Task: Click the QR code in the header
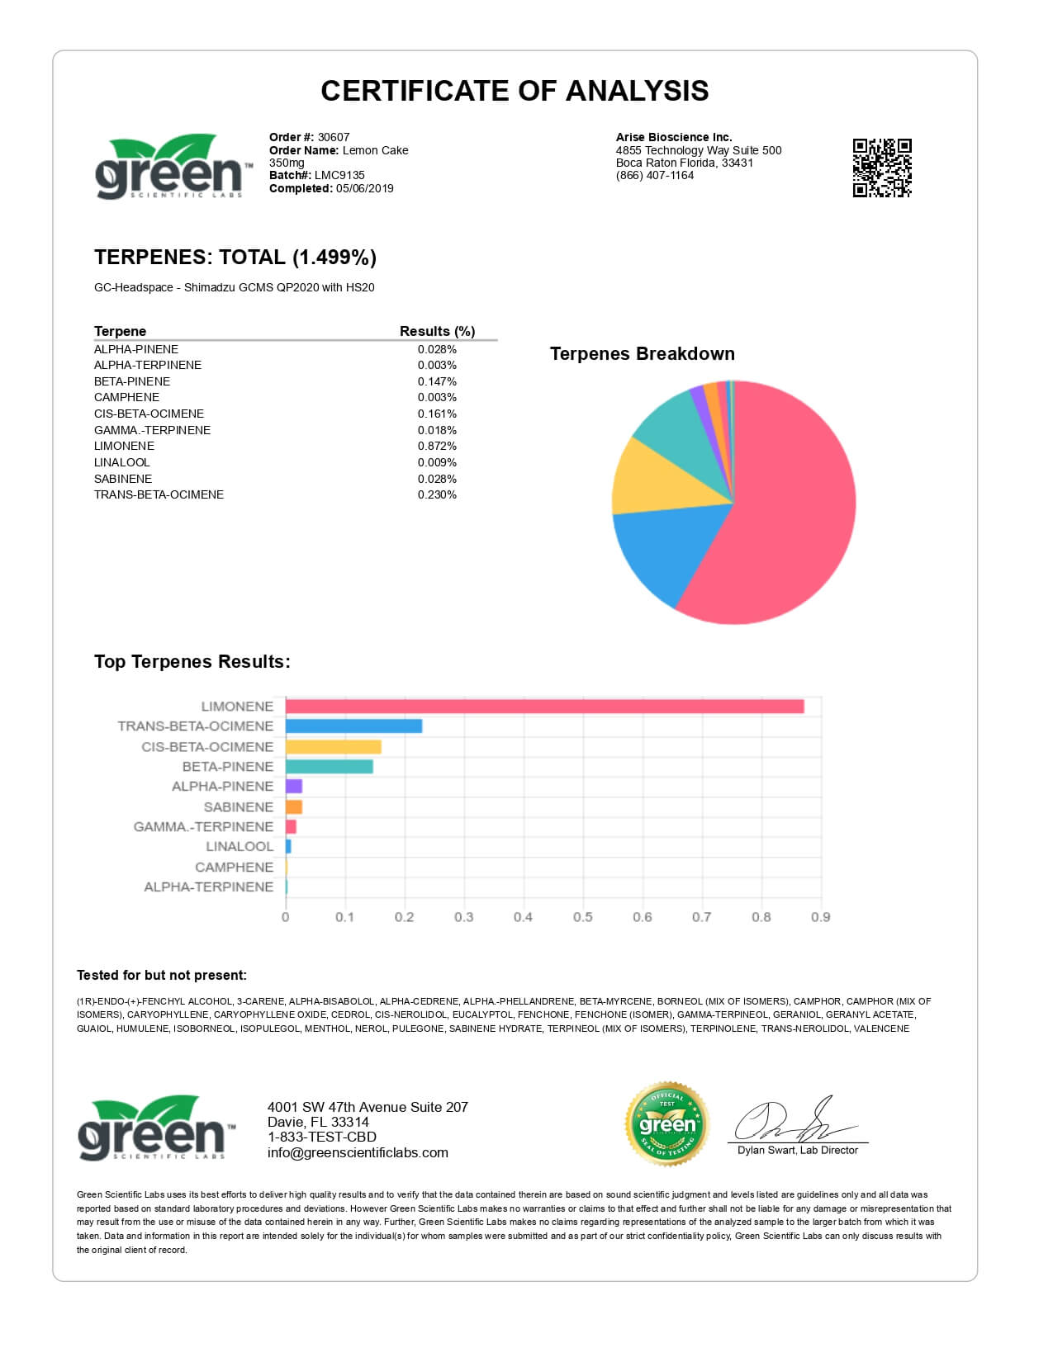[x=882, y=168]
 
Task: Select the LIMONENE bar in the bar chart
[x=544, y=707]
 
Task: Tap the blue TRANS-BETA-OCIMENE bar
[x=353, y=726]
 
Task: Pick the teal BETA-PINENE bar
[x=329, y=767]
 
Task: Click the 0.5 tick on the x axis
[x=582, y=917]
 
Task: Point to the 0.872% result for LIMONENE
[x=437, y=446]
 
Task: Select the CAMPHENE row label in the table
[x=126, y=397]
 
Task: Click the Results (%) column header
[x=437, y=331]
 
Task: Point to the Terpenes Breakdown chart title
[x=642, y=354]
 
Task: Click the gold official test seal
[x=667, y=1123]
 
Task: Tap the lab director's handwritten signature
[x=793, y=1121]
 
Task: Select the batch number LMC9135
[x=339, y=175]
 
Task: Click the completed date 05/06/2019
[x=364, y=188]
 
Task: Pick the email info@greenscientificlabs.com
[x=358, y=1152]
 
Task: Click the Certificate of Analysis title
[x=515, y=91]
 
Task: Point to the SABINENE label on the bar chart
[x=238, y=807]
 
